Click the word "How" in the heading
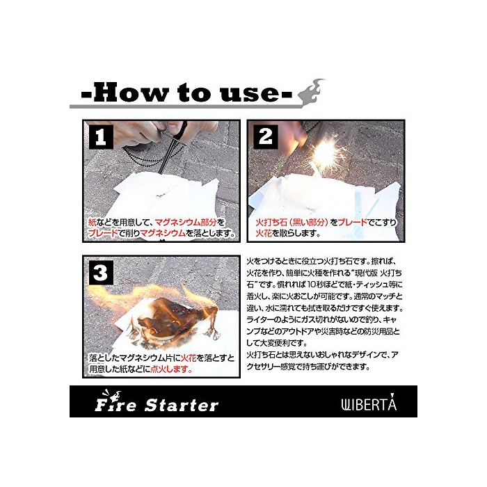coord(131,93)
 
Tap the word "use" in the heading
coord(249,95)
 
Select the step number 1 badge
coord(101,136)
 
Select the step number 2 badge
coord(266,136)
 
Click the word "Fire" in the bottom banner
coord(115,404)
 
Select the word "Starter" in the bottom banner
coord(182,406)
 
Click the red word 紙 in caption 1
coord(93,222)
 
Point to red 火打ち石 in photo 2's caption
coord(269,222)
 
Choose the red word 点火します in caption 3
coord(171,369)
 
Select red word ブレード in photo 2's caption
coord(353,222)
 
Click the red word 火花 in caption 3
coord(189,358)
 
